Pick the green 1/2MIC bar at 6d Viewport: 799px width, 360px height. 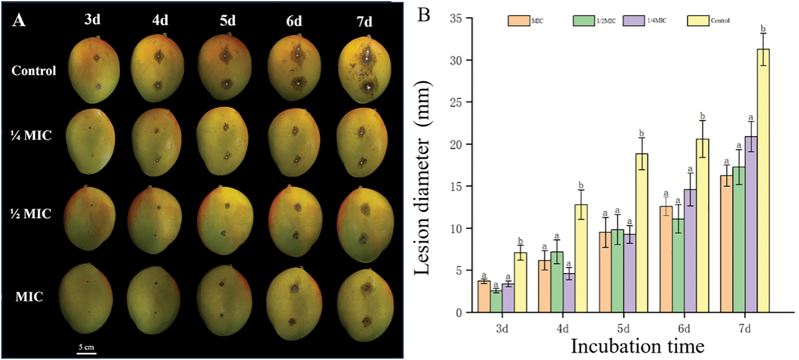(x=678, y=266)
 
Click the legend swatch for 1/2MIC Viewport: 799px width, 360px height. (x=584, y=21)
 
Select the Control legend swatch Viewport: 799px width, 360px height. (x=698, y=21)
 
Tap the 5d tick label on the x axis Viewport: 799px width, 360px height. (x=623, y=328)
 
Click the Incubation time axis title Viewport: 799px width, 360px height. (x=638, y=346)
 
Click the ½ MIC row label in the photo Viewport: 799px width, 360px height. (x=31, y=214)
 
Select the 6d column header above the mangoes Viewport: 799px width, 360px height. (x=294, y=21)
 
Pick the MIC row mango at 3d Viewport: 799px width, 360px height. (x=87, y=298)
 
